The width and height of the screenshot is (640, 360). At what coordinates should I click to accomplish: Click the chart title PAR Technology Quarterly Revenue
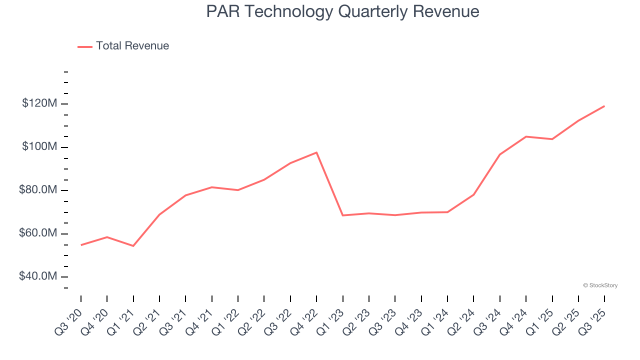pos(342,11)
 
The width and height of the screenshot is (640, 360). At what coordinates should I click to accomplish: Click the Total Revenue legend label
pos(132,46)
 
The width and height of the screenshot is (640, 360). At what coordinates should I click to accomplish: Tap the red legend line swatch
pos(85,46)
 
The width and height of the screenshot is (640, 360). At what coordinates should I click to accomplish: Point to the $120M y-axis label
pos(39,103)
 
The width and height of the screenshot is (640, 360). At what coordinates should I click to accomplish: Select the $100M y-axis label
pos(39,147)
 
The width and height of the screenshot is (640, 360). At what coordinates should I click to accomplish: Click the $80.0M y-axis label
pos(38,190)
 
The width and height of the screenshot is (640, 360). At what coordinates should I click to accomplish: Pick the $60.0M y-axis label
pos(38,233)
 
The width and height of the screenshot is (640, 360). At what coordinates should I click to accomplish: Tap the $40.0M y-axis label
pos(38,277)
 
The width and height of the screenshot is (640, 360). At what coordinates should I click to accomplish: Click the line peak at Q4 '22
pos(316,152)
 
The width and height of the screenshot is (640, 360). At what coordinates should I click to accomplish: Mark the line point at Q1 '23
pos(342,215)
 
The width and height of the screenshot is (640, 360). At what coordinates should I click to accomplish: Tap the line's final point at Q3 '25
pos(604,106)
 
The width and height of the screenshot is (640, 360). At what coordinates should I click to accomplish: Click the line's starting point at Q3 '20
pos(81,245)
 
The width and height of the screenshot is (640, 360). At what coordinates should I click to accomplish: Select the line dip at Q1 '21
pos(133,246)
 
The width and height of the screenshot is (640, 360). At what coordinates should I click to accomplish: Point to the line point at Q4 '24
pos(526,136)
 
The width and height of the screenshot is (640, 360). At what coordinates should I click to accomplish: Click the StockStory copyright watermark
pos(600,285)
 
